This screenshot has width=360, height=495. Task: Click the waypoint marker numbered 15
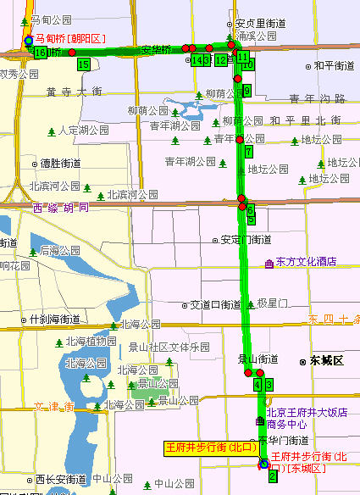click(83, 64)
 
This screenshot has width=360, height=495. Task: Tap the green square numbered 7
click(248, 152)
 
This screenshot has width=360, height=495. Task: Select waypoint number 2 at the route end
click(272, 477)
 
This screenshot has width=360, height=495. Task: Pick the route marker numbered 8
click(246, 90)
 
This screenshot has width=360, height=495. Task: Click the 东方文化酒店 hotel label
click(306, 262)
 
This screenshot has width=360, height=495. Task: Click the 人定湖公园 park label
click(84, 131)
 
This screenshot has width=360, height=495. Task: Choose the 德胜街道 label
click(60, 163)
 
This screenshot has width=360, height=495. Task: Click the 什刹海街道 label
click(54, 320)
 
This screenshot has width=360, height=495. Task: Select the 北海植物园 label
click(90, 342)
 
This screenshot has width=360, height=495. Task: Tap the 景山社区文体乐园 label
click(169, 347)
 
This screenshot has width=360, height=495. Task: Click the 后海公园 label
click(61, 250)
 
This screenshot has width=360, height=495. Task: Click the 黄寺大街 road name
click(74, 92)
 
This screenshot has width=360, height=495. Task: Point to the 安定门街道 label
click(246, 239)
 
